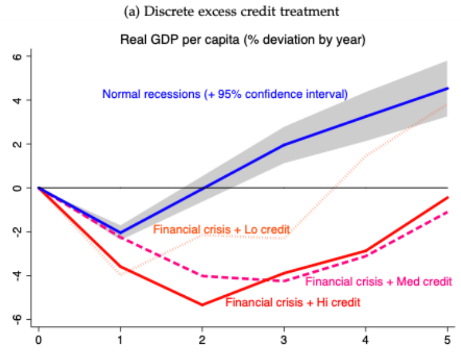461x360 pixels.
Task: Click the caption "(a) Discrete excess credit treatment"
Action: click(x=230, y=11)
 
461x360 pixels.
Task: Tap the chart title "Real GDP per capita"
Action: click(x=243, y=40)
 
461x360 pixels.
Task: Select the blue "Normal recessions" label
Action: click(x=225, y=94)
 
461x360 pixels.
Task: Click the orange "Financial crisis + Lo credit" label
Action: click(x=221, y=229)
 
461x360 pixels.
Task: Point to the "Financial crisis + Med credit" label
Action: click(x=378, y=281)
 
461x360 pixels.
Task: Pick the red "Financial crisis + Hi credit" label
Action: click(x=292, y=302)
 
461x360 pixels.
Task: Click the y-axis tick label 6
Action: click(x=18, y=56)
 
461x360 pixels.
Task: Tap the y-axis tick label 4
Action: click(x=18, y=100)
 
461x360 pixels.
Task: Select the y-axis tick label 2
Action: click(x=18, y=144)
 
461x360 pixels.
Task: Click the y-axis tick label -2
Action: click(x=18, y=231)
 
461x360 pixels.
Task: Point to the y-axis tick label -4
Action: click(x=18, y=275)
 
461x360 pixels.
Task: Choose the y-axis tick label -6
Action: click(x=18, y=319)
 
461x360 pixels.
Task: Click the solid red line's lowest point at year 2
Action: click(x=202, y=305)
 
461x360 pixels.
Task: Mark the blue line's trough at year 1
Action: click(x=121, y=232)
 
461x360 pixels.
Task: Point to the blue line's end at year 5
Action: click(x=447, y=89)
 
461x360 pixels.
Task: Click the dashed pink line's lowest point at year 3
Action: click(x=284, y=281)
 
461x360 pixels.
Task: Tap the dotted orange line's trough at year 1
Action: click(x=121, y=275)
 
